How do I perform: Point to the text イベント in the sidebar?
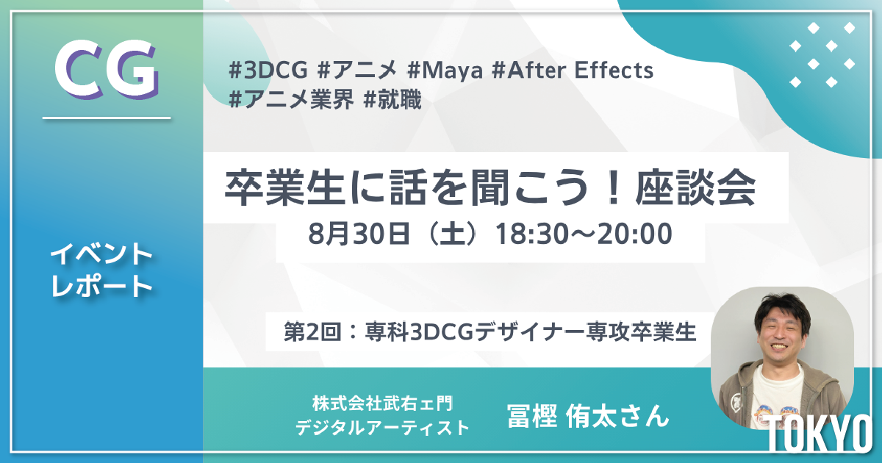click(101, 255)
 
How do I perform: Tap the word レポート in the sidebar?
click(101, 287)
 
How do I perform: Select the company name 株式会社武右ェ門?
click(382, 403)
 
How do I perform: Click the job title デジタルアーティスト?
click(382, 427)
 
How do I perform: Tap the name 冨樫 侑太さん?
click(588, 415)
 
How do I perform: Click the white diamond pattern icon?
click(822, 54)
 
